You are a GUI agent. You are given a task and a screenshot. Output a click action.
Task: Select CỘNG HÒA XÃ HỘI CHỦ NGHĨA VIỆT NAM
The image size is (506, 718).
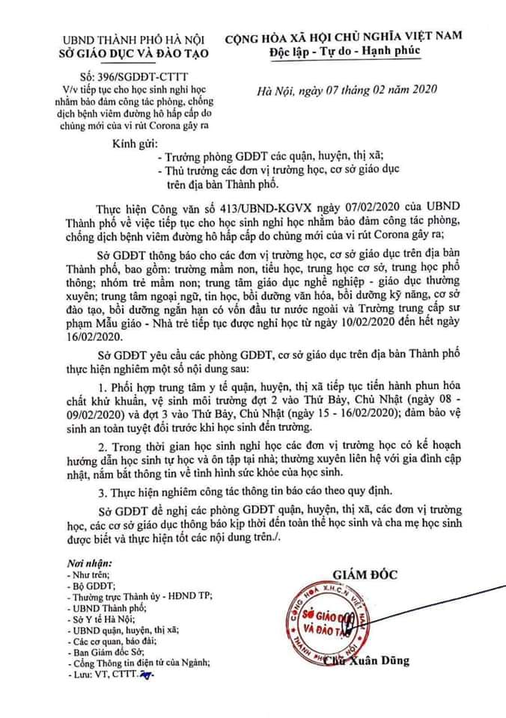tap(345, 35)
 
